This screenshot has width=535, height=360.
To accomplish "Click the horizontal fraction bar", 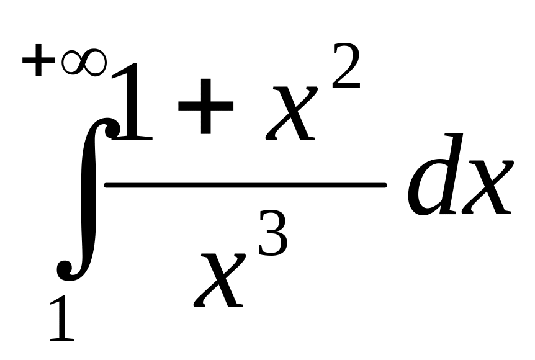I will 245,185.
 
